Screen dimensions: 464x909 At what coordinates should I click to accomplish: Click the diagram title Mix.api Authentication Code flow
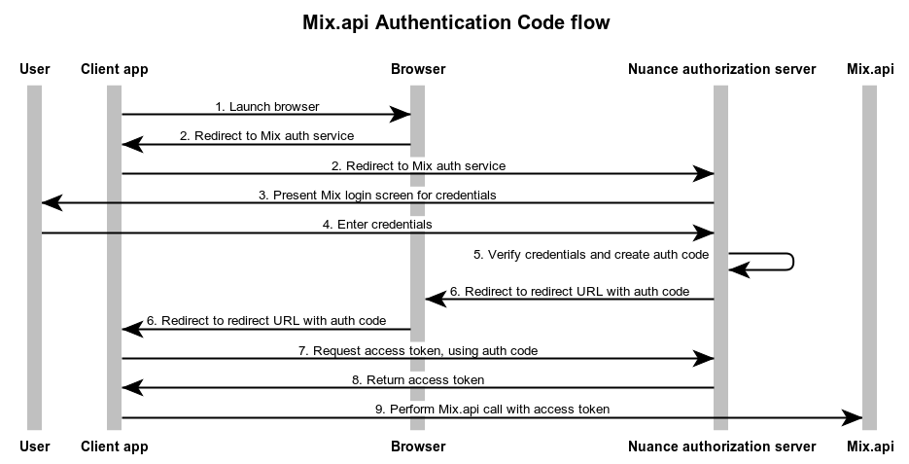tap(454, 22)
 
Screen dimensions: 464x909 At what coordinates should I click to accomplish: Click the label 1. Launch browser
tap(267, 106)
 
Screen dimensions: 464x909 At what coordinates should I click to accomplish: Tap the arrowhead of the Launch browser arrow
tap(400, 115)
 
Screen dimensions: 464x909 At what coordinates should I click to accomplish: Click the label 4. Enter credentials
tap(377, 224)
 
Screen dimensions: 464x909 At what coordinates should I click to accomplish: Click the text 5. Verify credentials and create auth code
tap(591, 254)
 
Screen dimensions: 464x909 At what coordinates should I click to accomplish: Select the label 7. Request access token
tap(418, 349)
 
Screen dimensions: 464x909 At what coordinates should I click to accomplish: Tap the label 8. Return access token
tap(418, 379)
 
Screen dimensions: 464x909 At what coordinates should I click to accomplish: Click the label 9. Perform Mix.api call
tap(492, 409)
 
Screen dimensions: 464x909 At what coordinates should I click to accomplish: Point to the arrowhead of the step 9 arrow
tap(851, 417)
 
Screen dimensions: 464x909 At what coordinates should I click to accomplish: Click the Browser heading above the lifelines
tap(418, 69)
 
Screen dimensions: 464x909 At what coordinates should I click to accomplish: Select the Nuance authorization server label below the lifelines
tap(721, 446)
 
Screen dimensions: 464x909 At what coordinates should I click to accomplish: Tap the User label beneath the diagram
tap(34, 446)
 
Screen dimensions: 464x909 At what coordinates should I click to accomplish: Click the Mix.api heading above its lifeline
tap(869, 69)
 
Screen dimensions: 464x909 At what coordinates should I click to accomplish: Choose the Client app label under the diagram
tap(115, 446)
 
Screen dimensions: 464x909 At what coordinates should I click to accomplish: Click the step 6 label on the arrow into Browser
tap(570, 291)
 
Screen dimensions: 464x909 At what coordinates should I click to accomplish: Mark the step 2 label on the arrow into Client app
tap(267, 135)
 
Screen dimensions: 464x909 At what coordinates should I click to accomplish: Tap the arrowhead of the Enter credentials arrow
tap(703, 232)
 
